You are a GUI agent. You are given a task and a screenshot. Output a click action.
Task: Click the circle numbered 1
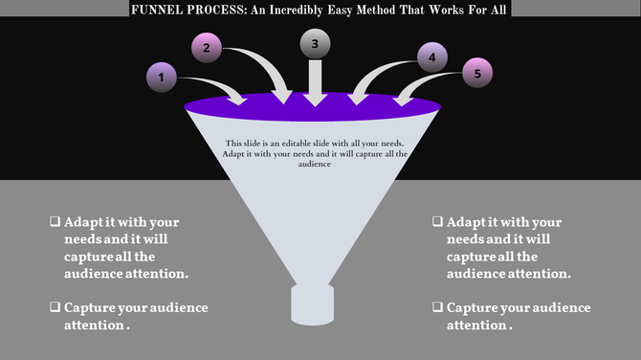coord(163,77)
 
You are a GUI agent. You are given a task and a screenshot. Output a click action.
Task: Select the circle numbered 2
coord(208,48)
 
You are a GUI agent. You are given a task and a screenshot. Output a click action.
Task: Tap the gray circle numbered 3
coord(315,45)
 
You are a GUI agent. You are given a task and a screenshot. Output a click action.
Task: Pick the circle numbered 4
coord(431,57)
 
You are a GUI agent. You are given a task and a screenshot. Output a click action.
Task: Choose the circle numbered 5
coord(477,74)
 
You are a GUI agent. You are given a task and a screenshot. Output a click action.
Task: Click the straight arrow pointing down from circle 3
coord(315,84)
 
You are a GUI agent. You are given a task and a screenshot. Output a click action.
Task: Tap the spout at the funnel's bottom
coord(313,304)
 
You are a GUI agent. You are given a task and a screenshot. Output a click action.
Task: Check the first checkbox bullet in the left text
coord(55,221)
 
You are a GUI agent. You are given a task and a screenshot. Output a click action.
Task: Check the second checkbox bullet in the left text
coord(55,307)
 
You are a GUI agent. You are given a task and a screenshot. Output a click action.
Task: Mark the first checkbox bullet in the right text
coord(437,221)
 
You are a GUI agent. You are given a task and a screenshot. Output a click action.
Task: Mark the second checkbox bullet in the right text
coord(437,307)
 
